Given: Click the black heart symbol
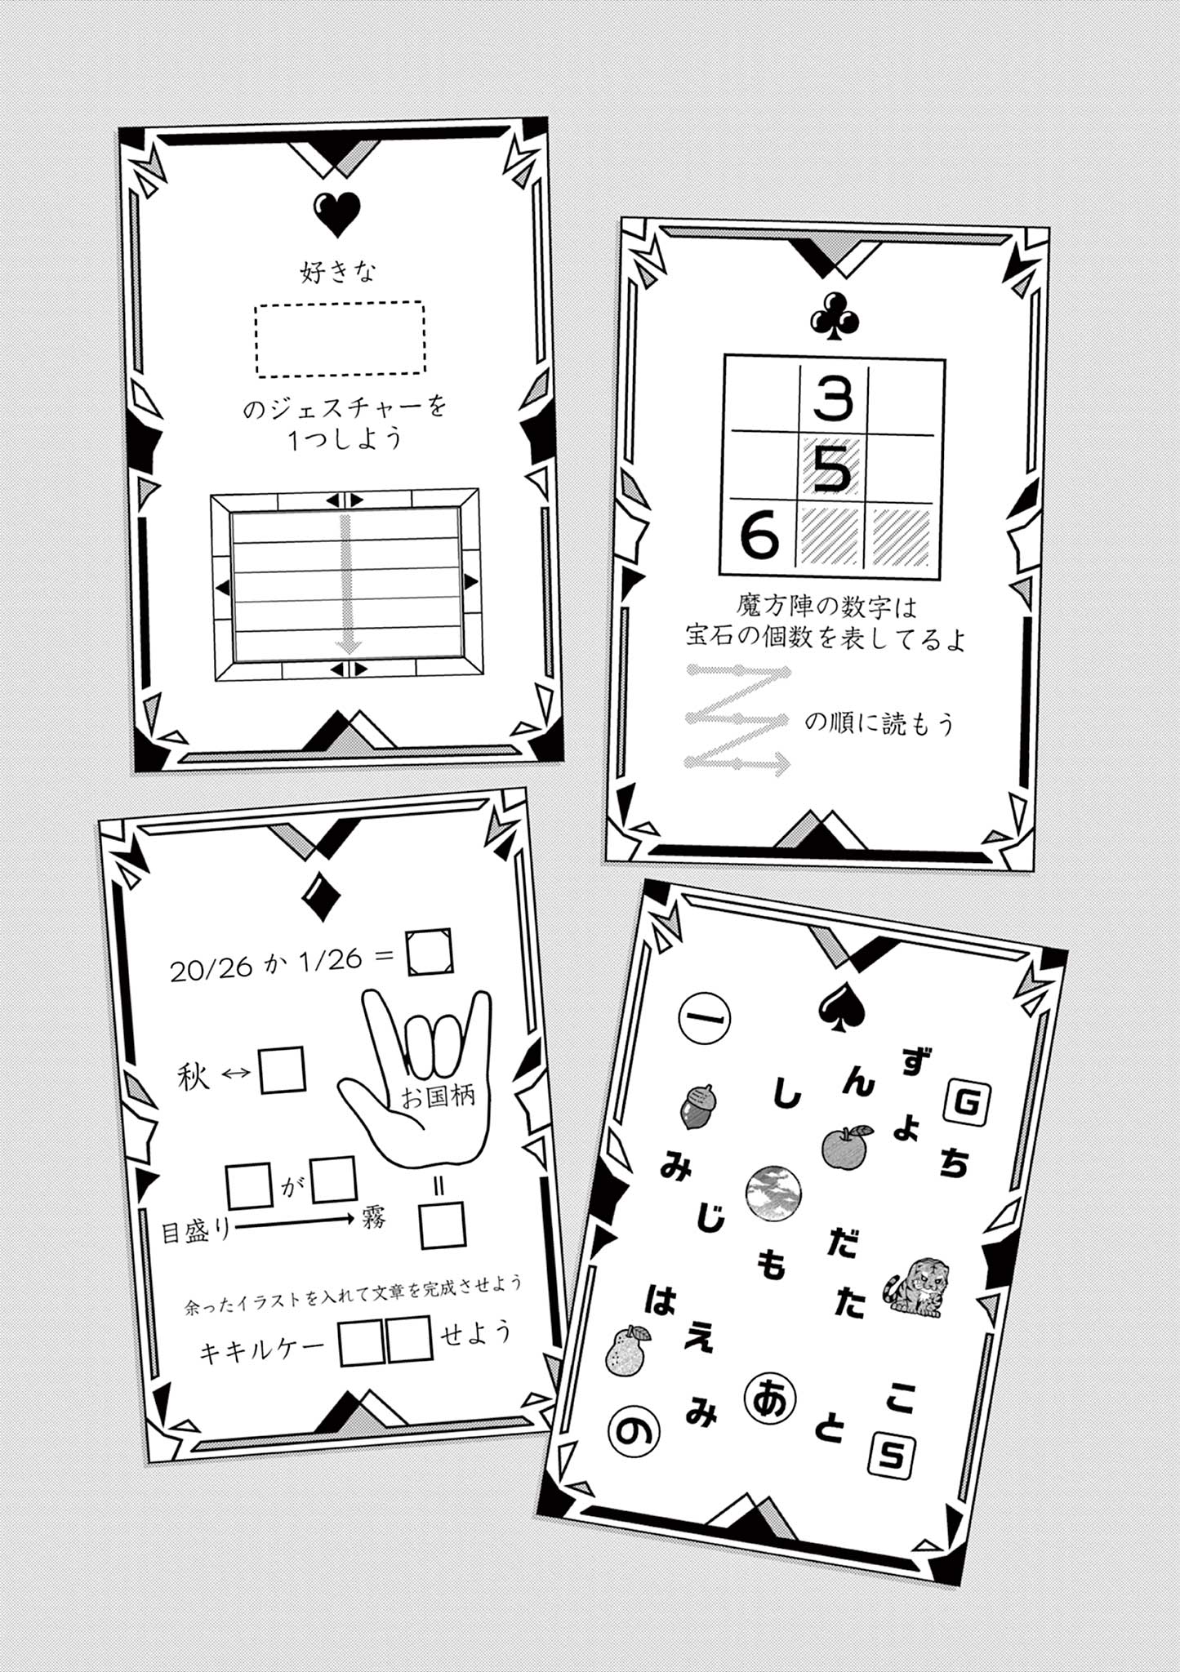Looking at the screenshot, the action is pos(336,214).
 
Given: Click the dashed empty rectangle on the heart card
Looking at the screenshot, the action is pos(340,339).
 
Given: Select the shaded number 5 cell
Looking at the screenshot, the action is pos(832,469).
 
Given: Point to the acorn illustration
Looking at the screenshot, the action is pos(698,1106).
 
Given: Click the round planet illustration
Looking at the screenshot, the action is pos(773,1193).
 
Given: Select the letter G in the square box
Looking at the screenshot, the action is pos(967,1103).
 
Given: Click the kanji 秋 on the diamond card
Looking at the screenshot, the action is pos(194,1077).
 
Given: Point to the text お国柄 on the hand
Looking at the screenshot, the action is pos(438,1096).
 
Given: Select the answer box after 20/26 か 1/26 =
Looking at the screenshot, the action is pos(430,952).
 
